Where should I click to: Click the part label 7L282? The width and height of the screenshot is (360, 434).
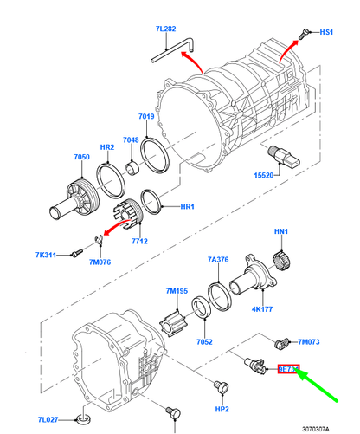point(165,29)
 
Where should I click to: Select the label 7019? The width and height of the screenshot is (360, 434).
point(146,116)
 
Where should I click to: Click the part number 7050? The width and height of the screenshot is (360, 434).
point(80,157)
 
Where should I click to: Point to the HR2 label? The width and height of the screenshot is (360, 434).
point(106,148)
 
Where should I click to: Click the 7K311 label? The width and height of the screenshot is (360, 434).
point(46,256)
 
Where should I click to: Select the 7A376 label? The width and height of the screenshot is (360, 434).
point(217,259)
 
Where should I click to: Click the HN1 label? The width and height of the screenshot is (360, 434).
point(280,232)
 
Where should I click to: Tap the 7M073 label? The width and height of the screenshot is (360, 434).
point(309,343)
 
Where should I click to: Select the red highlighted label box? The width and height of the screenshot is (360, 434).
point(287,369)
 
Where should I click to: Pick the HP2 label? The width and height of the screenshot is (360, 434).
point(222,409)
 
